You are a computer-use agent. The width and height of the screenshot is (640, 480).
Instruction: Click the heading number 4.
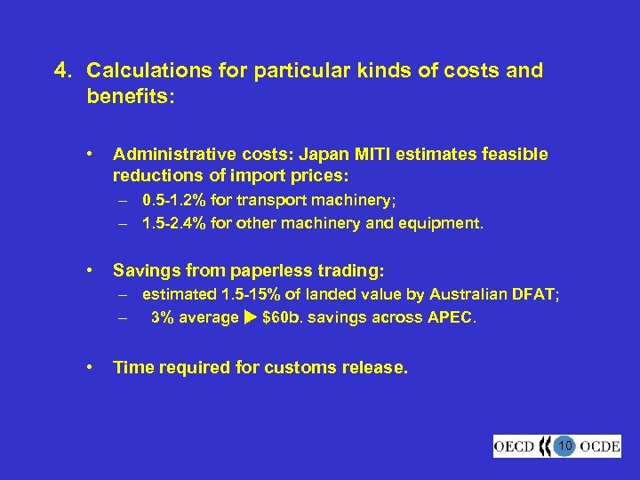coord(61,70)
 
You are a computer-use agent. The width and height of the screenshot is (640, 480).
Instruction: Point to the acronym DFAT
coord(536,294)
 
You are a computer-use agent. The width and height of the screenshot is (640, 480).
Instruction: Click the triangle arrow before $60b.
coord(251,316)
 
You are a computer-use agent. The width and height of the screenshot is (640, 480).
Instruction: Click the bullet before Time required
coord(91,364)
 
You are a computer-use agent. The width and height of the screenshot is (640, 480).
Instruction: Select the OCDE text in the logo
coord(599,446)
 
